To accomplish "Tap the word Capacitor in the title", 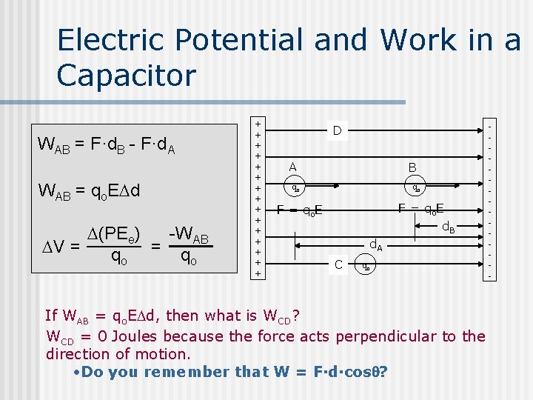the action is pyautogui.click(x=127, y=76).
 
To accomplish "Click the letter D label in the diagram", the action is pyautogui.click(x=336, y=131).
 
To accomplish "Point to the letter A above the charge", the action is pyautogui.click(x=293, y=167).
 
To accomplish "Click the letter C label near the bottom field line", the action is pyautogui.click(x=338, y=264).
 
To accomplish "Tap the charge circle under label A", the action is pyautogui.click(x=294, y=187).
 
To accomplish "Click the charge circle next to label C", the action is pyautogui.click(x=363, y=265).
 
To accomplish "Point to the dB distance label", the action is pyautogui.click(x=449, y=227).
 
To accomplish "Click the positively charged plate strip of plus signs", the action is pyautogui.click(x=258, y=198).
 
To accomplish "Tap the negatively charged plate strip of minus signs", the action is pyautogui.click(x=489, y=198).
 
